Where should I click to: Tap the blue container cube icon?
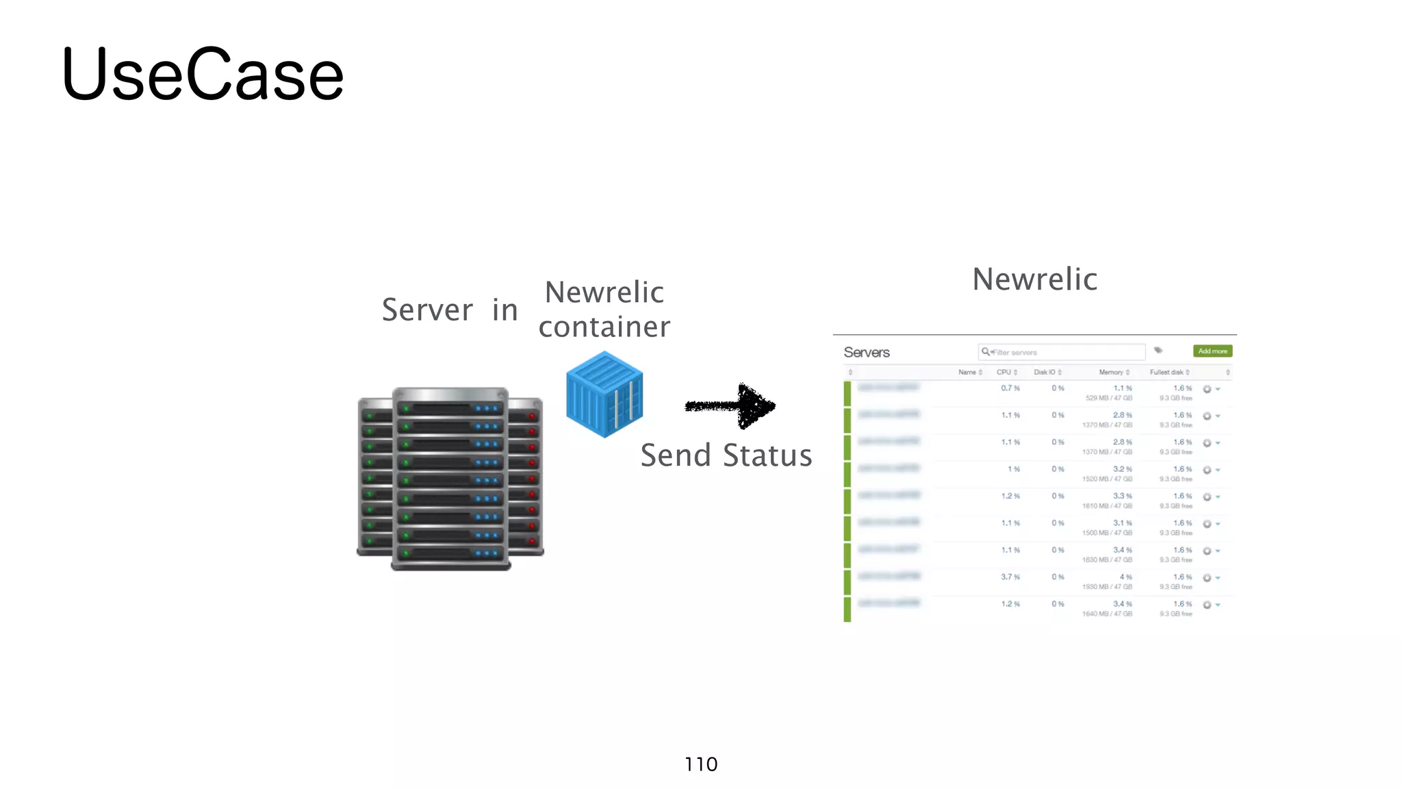click(604, 394)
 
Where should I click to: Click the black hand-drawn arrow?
click(730, 406)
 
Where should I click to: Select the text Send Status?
click(726, 455)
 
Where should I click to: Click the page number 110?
click(701, 764)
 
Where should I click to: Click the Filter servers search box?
click(1061, 352)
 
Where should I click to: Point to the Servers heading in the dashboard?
click(866, 352)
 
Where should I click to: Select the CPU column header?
click(1005, 372)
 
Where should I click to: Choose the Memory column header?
click(1112, 372)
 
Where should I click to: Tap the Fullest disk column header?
click(1167, 372)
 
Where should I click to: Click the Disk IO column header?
click(1045, 372)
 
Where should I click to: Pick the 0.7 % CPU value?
click(1010, 388)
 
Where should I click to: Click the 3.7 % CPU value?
click(1010, 577)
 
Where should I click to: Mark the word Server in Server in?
click(427, 310)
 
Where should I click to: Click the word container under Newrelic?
click(604, 327)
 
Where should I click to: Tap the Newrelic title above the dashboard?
click(1034, 279)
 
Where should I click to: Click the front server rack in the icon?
click(450, 479)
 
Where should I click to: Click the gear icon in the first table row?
click(1207, 389)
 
